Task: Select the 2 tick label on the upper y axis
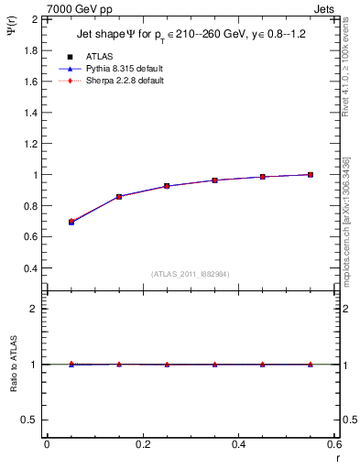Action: click(x=35, y=18)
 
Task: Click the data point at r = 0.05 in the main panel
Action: click(x=71, y=222)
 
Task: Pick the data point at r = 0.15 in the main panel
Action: click(x=119, y=196)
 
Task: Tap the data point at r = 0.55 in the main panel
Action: click(x=311, y=174)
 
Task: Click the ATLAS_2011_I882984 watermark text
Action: click(x=190, y=274)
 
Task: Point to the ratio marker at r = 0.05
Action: click(x=71, y=364)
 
